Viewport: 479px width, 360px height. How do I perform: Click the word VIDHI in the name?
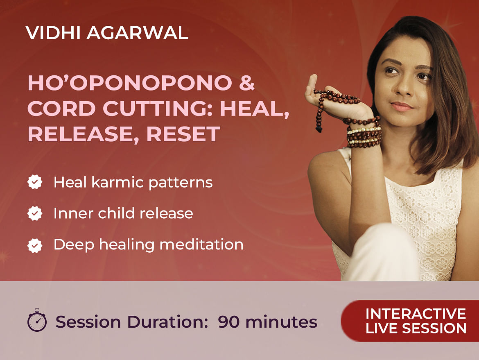coord(53,33)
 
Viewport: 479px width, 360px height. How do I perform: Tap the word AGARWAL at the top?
coord(138,33)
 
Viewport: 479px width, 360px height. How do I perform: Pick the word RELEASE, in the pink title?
coord(84,134)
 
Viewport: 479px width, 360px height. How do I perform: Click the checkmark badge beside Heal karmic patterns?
coord(35,182)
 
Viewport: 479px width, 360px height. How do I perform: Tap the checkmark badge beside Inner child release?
coord(35,213)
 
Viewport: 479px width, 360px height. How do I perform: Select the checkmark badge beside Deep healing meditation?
coord(35,245)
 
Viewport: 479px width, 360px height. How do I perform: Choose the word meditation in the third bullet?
coord(201,245)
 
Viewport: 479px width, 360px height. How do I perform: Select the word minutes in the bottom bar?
coord(281,322)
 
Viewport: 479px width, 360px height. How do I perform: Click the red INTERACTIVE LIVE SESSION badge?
coord(410,321)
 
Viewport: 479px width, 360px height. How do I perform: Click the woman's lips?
coord(401,106)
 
